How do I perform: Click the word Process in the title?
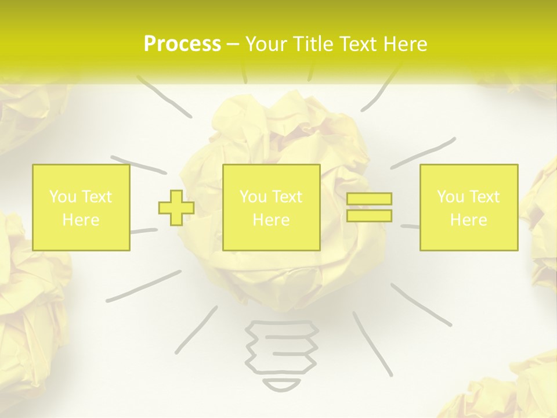click(x=182, y=45)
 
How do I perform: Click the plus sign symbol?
click(x=176, y=208)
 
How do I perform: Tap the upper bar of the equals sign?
click(x=369, y=199)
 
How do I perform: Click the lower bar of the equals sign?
click(x=369, y=215)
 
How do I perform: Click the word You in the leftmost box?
click(x=62, y=197)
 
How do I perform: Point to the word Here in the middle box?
click(x=271, y=220)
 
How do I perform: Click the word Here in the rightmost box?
click(x=468, y=220)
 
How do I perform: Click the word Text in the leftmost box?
click(x=97, y=197)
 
